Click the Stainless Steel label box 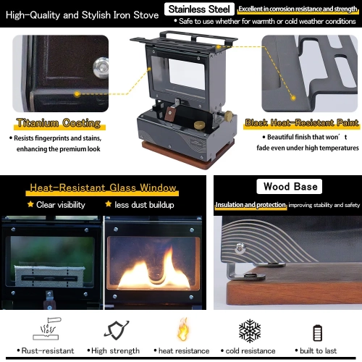click(199, 9)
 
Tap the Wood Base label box click(290, 186)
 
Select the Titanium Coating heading click(59, 123)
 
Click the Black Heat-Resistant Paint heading click(302, 122)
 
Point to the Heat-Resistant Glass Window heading click(103, 188)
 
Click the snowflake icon click(250, 331)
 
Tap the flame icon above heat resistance click(183, 329)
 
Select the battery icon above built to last click(317, 333)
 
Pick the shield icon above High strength click(117, 330)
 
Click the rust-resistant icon click(46, 329)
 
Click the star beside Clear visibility click(30, 204)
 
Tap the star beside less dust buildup click(109, 204)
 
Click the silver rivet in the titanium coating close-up click(101, 67)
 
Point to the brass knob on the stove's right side click(228, 116)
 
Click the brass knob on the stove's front click(200, 125)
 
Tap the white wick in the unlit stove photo click(49, 277)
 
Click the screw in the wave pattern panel click(240, 248)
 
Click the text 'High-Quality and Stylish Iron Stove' click(82, 15)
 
